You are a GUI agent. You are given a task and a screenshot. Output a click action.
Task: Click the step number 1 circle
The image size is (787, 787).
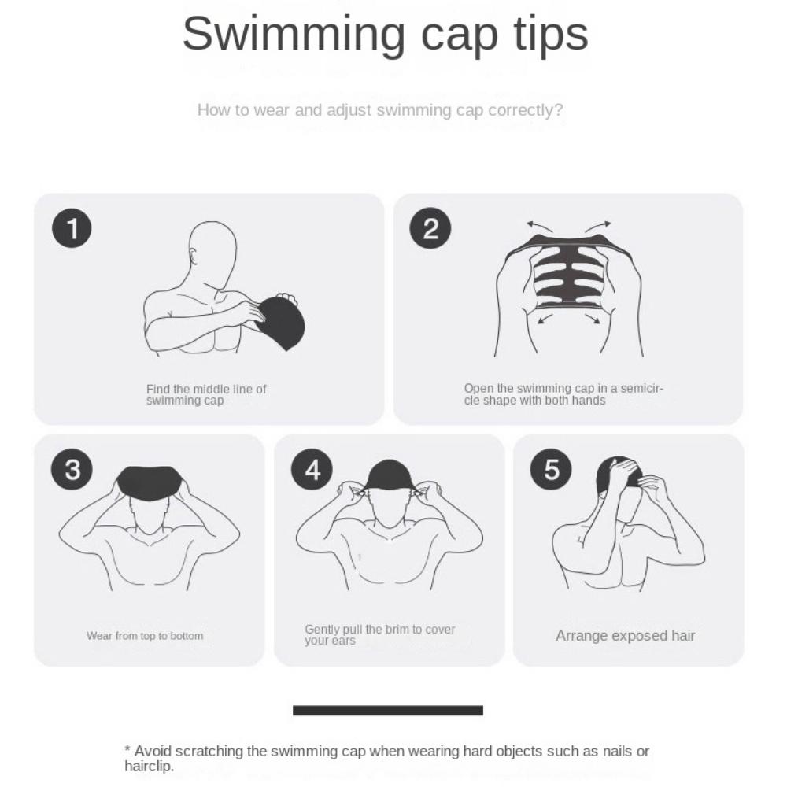[x=72, y=229]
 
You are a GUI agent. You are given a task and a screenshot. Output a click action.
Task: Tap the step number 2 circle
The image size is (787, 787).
[x=430, y=229]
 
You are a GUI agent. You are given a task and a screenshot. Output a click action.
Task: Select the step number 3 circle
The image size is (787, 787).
[x=72, y=470]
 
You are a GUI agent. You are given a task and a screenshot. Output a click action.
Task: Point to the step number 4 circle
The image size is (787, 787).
[x=312, y=470]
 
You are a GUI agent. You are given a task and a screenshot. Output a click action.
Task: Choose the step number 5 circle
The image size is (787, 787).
[x=552, y=470]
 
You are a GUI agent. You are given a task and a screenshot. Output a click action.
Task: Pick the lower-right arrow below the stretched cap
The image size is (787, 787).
[x=592, y=319]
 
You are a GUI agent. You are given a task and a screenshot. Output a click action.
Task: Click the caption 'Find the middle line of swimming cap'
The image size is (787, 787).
[x=206, y=394]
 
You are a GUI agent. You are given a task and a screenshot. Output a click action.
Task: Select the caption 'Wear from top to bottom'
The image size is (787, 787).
[x=145, y=636]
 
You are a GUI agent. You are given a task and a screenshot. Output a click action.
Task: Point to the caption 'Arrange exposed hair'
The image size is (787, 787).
[x=626, y=636]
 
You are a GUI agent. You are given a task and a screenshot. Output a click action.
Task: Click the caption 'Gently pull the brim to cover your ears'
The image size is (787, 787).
[x=379, y=635]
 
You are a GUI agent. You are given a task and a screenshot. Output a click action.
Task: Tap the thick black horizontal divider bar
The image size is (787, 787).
[x=388, y=711]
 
